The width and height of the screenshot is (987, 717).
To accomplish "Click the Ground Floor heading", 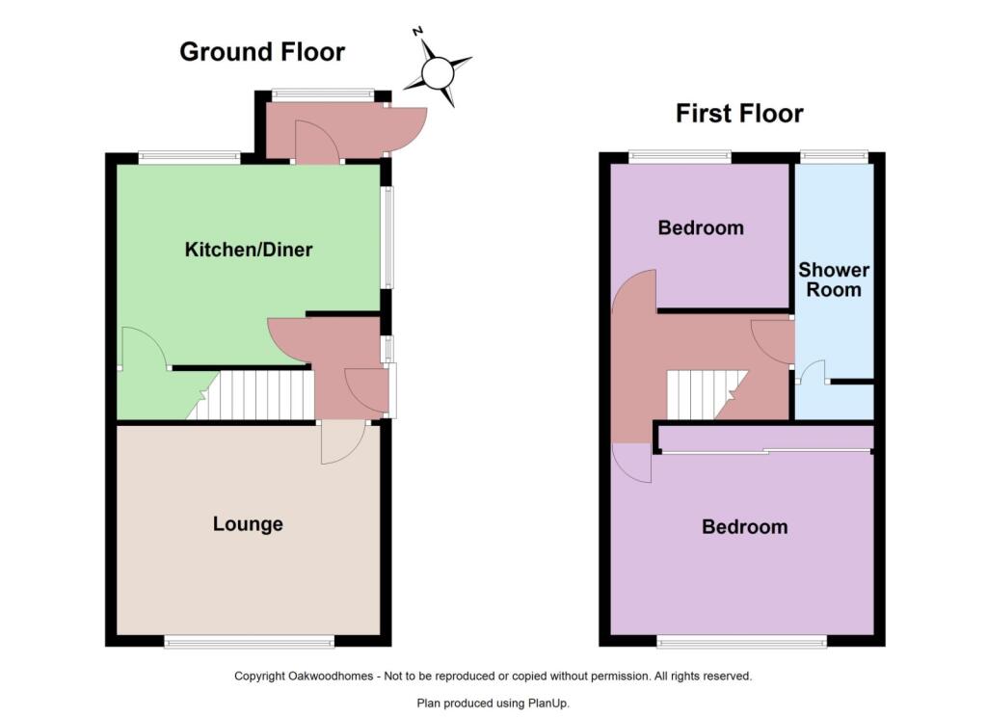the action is [x=262, y=52].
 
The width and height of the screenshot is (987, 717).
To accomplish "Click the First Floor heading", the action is [x=739, y=114].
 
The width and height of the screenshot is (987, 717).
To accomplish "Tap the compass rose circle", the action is [x=438, y=72].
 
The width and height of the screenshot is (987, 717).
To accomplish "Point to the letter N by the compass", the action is [x=417, y=31].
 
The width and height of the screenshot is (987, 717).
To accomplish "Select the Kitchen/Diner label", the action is [x=249, y=250].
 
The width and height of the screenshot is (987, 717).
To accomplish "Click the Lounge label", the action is [x=248, y=523].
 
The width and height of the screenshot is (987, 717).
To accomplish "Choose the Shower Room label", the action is [x=834, y=279].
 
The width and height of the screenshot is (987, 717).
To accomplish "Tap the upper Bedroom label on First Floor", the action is [x=701, y=227].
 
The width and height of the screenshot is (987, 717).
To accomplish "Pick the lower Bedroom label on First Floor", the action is [x=745, y=526].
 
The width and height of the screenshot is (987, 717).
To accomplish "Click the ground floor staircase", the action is [x=251, y=395].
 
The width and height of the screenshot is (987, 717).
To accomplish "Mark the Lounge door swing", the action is [x=343, y=442].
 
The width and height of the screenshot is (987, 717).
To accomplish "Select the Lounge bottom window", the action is [x=250, y=642].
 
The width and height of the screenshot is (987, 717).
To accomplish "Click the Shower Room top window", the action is [x=834, y=157].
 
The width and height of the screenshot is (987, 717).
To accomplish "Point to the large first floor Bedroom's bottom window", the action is [x=741, y=642].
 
